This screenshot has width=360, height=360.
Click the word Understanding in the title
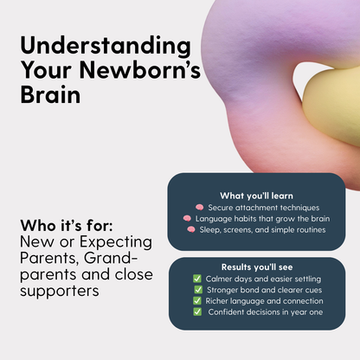point(93,47)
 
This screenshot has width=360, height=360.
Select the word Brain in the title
point(50,93)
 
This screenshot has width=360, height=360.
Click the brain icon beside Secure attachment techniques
point(199,208)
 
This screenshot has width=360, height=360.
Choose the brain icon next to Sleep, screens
point(191,230)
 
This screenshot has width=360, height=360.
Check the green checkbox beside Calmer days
point(197,279)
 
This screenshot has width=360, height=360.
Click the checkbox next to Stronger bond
point(197,290)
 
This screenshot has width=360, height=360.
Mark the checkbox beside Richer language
point(197,301)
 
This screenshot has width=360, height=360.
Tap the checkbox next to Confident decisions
point(197,312)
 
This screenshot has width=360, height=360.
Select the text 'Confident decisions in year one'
point(266,312)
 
